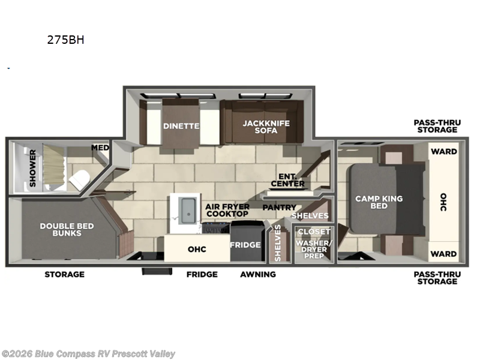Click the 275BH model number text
click(x=65, y=40)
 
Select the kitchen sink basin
click(x=188, y=211)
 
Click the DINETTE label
click(x=181, y=126)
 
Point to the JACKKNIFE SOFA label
click(x=266, y=127)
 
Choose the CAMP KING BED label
click(x=379, y=202)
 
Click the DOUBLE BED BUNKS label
click(x=67, y=230)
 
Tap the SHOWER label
click(x=32, y=168)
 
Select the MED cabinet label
click(x=100, y=148)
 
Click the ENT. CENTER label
click(x=288, y=181)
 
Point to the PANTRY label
click(x=280, y=207)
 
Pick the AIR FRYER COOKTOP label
click(x=227, y=211)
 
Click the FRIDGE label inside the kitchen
click(x=245, y=245)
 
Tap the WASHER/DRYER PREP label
click(x=314, y=249)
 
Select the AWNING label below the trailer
click(x=258, y=274)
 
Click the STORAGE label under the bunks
click(x=64, y=274)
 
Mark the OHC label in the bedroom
click(x=443, y=202)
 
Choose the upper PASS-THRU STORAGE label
click(x=437, y=126)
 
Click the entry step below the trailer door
click(x=157, y=271)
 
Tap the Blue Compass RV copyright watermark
click(x=88, y=354)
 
